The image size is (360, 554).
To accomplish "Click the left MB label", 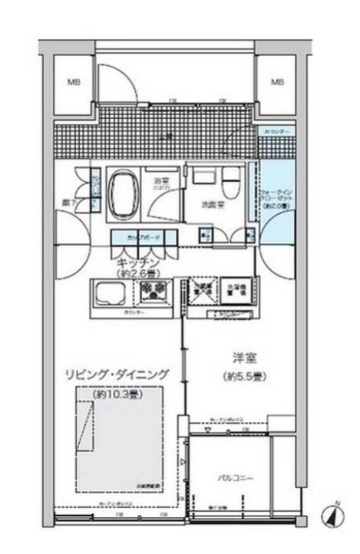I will [73, 81].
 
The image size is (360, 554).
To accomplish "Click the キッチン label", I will [140, 261].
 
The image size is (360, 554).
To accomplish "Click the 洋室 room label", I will [244, 356].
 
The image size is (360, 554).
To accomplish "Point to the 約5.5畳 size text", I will [244, 377].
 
